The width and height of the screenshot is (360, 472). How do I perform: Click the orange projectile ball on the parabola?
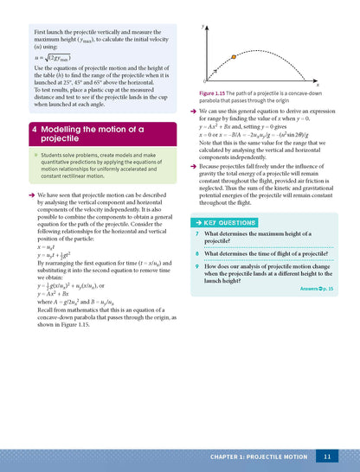point(234,57)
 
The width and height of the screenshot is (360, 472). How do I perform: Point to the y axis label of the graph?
point(202,27)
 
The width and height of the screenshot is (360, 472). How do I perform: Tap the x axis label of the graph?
point(317,86)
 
